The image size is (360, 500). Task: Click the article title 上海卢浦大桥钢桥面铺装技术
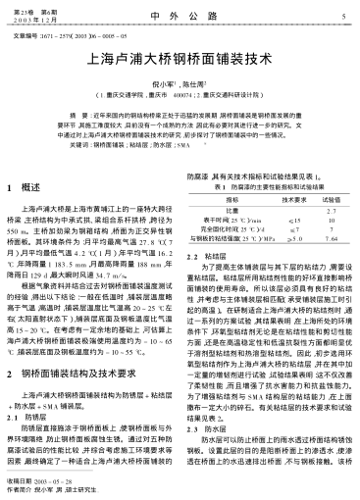[180, 59]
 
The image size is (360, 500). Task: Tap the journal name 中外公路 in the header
[179, 16]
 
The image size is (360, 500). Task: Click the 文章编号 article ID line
[65, 33]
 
